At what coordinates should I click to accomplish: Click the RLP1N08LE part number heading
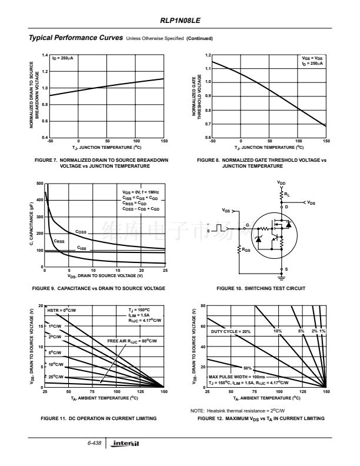point(180,20)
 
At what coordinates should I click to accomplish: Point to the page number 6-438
point(95,442)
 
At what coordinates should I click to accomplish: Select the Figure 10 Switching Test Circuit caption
point(261,288)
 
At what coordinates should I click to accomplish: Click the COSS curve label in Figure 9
point(81,232)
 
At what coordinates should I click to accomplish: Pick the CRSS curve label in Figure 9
point(59,241)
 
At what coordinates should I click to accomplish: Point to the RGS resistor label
point(246,249)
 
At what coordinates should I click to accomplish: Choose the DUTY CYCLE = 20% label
point(231,332)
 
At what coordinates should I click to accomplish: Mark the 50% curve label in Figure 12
point(247,368)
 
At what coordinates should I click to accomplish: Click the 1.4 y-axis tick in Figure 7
point(44,55)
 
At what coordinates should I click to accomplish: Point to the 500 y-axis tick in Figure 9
point(40,184)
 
